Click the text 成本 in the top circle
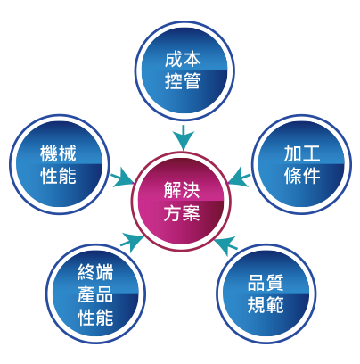click(183, 59)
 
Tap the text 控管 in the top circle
click(183, 81)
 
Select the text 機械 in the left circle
click(58, 153)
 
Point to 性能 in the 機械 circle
click(58, 176)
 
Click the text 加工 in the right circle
click(302, 153)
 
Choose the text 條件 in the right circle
click(302, 176)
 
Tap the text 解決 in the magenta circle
click(182, 190)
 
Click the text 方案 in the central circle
click(182, 212)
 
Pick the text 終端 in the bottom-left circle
click(95, 272)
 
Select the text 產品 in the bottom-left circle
click(95, 294)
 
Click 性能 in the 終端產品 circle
click(95, 317)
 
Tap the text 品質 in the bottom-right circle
click(266, 283)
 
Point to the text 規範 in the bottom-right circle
click(266, 305)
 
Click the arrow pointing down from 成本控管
click(184, 137)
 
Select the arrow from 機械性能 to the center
click(123, 178)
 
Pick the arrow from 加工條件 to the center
click(239, 178)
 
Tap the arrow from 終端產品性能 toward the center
click(132, 242)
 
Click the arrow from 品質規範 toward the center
click(225, 245)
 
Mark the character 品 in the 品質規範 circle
click(257, 283)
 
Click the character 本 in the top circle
click(192, 59)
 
